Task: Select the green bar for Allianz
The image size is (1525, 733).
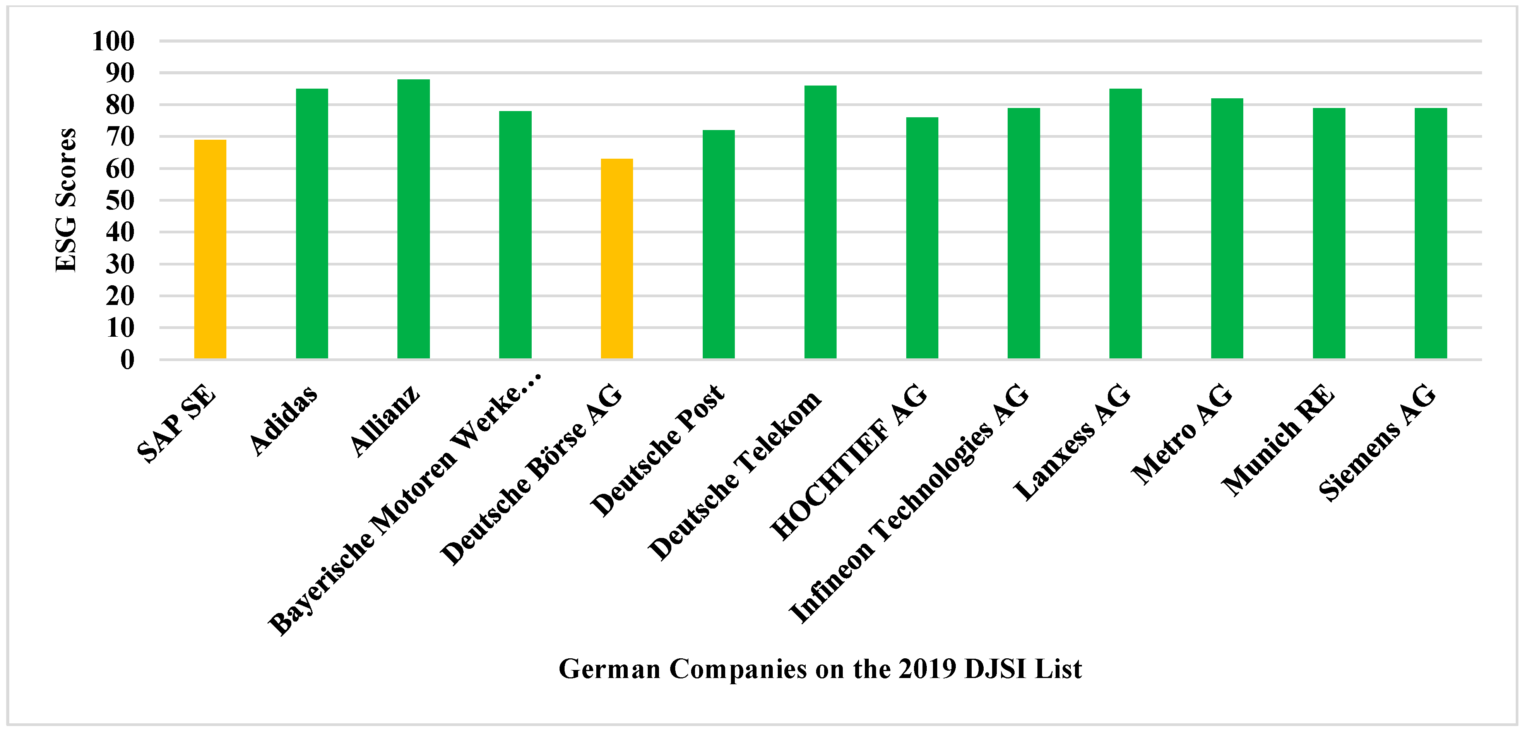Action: pos(413,219)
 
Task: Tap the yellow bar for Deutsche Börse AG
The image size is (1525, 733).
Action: pos(617,259)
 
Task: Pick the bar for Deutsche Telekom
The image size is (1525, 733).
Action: pos(820,222)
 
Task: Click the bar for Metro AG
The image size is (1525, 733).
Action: pos(1227,229)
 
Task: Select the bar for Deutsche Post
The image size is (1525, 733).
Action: pos(718,245)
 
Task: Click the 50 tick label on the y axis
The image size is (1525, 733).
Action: pos(120,201)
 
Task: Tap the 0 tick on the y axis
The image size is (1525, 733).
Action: pos(127,360)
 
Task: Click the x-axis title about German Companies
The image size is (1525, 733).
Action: pos(820,669)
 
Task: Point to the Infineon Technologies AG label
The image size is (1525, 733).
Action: pos(909,503)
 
